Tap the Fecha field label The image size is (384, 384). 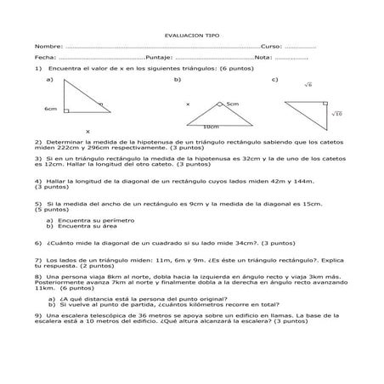(46, 57)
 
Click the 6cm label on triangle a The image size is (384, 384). (50, 110)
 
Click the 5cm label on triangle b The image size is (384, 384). (233, 104)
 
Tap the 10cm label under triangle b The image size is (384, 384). (211, 126)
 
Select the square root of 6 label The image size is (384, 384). (308, 84)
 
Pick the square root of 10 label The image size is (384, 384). (336, 113)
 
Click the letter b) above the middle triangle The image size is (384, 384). (178, 78)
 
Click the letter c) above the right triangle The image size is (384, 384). (275, 78)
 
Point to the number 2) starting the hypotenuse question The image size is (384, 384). (38, 142)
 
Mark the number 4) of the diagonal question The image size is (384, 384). (38, 180)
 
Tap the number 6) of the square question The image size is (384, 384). (38, 242)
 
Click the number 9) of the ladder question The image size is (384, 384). (38, 315)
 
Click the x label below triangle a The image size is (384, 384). (87, 132)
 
